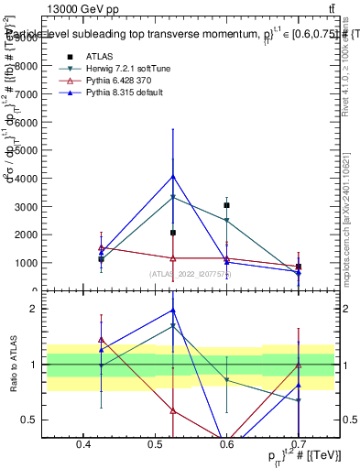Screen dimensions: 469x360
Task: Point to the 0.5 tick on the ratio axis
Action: tap(37, 420)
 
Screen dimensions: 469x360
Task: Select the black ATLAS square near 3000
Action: tap(226, 205)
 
